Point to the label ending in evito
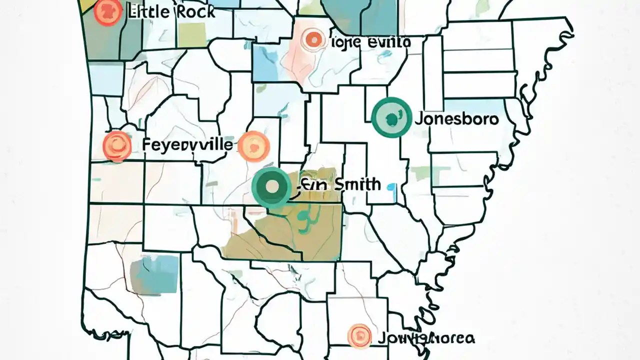pos(370,42)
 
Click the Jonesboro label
pos(456,119)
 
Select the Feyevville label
pos(187,145)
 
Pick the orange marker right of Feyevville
pos(254,145)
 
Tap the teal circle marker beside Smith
pos(272,187)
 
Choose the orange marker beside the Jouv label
pos(359,335)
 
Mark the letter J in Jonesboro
pos(419,119)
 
